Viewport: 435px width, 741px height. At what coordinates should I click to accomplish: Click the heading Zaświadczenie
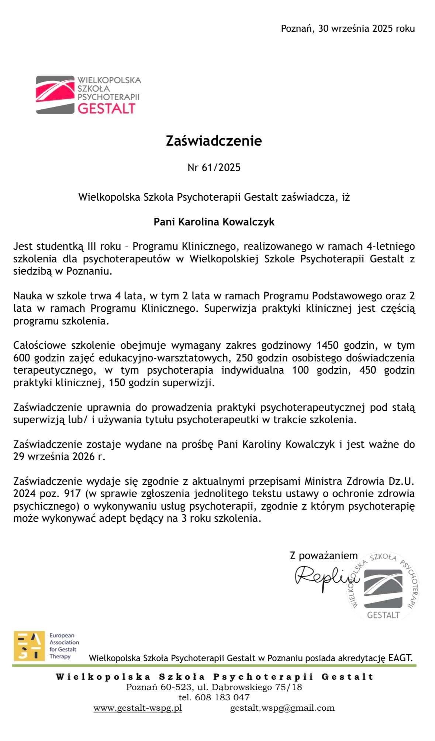coord(214,141)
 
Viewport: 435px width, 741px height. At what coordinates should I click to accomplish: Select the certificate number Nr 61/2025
coord(214,168)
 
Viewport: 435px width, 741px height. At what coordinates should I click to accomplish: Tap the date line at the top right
coord(348,28)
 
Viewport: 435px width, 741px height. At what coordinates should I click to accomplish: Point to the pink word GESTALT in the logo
coord(106,109)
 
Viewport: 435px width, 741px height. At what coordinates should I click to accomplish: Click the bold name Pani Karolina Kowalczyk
coord(214,222)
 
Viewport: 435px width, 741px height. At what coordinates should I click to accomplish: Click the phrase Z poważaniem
coord(324,555)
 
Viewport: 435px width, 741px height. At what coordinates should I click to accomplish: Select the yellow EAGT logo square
coord(29,646)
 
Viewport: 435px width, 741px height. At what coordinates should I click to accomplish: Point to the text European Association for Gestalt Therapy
coord(64,646)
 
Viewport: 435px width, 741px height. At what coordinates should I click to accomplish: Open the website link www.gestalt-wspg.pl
coord(138,708)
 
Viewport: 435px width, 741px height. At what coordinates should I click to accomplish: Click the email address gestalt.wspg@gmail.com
coord(282,708)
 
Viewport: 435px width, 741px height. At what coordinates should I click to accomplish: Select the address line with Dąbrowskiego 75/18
coord(214,687)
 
